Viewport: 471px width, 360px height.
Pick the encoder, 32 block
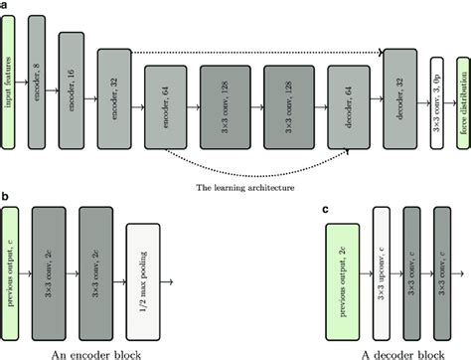coord(112,97)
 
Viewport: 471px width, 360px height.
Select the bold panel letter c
coord(327,210)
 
